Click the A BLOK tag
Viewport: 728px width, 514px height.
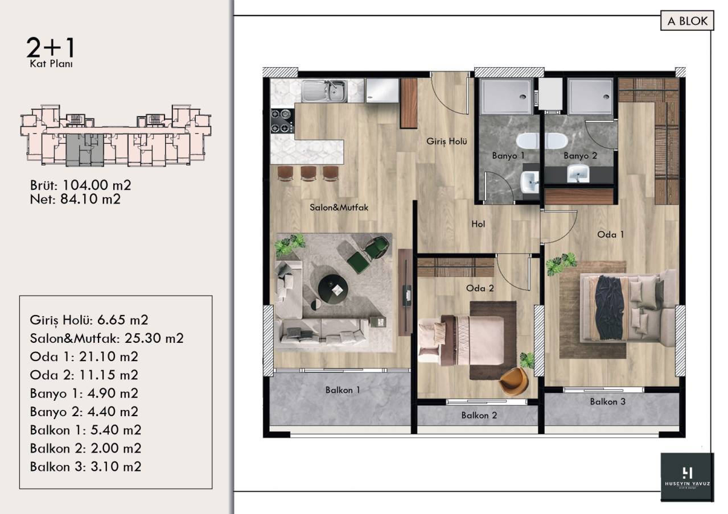pos(687,21)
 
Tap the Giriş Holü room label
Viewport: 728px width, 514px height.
pos(447,141)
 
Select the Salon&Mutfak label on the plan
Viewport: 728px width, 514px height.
pos(339,208)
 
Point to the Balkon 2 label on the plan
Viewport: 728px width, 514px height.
pos(479,415)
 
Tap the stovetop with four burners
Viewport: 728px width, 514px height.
pos(282,121)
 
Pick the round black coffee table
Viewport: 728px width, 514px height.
pos(333,289)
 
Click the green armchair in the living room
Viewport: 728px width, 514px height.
pos(369,254)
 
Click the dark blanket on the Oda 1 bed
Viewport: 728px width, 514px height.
pos(610,307)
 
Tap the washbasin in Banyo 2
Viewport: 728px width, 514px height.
pos(578,173)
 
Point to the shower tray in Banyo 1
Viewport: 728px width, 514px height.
pos(506,97)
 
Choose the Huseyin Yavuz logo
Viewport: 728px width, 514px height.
pos(687,476)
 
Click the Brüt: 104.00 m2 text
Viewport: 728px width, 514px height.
pos(81,185)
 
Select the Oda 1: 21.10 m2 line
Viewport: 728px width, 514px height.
pos(84,357)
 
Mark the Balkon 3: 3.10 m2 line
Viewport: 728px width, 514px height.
pos(85,467)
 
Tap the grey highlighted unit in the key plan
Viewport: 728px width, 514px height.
pos(85,150)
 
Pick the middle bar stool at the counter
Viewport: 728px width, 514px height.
pos(309,173)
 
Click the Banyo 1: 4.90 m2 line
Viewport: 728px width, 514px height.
pos(84,393)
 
